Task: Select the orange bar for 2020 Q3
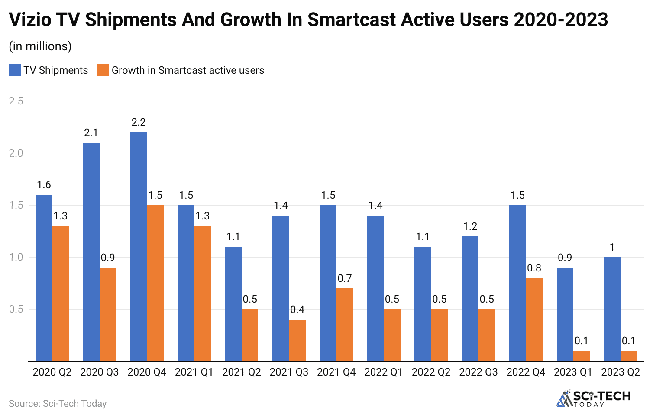coord(108,314)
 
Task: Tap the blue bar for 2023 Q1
coord(565,314)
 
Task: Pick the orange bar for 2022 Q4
coord(534,319)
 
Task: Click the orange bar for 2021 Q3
coord(297,340)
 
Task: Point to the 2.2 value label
coord(139,123)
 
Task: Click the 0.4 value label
coord(297,310)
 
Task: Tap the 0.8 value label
coord(534,268)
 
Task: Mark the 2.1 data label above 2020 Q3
coord(91,133)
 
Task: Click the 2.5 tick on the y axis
coord(16,101)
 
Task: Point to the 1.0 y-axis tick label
coord(16,257)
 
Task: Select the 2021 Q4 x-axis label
coord(336,372)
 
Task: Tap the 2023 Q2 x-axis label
coord(621,372)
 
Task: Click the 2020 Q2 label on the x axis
coord(52,372)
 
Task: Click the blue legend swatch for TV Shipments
coord(15,70)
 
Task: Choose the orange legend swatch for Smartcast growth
coord(103,70)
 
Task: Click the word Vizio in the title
coord(33,20)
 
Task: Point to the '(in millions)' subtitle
coord(40,46)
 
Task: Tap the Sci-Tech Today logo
coord(593,398)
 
